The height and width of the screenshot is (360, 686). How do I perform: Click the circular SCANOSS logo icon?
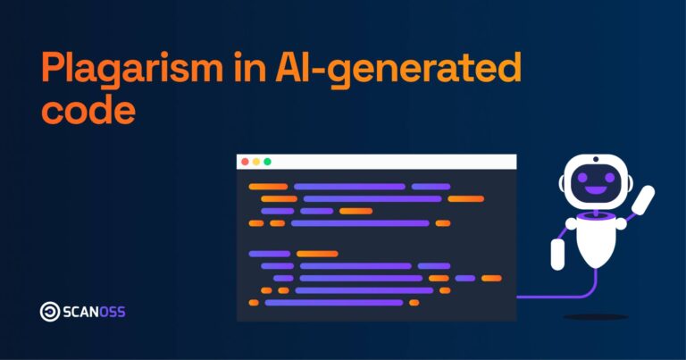[50, 312]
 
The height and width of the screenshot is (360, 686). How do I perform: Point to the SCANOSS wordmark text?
[95, 312]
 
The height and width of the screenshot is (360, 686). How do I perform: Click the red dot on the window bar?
[245, 162]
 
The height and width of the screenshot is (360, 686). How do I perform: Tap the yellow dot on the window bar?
[255, 162]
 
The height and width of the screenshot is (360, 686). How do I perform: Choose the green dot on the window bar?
[266, 162]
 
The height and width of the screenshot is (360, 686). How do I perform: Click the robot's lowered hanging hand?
[557, 255]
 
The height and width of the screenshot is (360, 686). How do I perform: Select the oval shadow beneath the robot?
[595, 316]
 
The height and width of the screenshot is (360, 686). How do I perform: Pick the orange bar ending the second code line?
[465, 198]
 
